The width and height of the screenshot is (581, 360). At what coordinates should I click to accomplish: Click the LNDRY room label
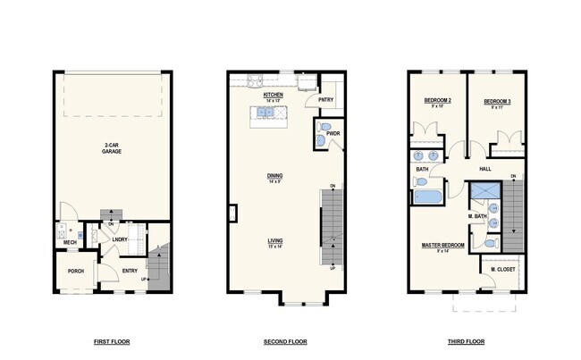[x=118, y=239]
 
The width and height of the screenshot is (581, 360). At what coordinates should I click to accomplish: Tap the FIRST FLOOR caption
[x=112, y=342]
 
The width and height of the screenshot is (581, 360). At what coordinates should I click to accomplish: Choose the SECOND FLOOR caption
[x=285, y=342]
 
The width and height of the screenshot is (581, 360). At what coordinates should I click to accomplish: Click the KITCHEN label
[x=273, y=94]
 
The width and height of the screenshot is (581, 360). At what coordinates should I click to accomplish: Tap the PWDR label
[x=333, y=134]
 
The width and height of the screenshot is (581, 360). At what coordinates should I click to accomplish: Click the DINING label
[x=274, y=176]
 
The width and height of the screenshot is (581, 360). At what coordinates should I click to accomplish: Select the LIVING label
[x=274, y=239]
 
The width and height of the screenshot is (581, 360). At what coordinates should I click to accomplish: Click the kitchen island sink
[x=265, y=113]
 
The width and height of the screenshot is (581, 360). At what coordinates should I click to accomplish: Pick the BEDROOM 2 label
[x=437, y=102]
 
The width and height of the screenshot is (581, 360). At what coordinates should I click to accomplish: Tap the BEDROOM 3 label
[x=496, y=102]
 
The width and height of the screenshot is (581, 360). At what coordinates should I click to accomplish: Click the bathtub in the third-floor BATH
[x=428, y=196]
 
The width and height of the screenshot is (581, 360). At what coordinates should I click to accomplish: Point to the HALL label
[x=485, y=169]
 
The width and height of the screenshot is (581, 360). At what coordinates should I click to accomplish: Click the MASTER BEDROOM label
[x=442, y=244]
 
